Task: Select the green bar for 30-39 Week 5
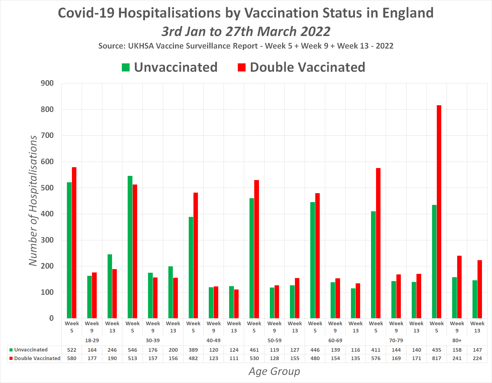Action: click(x=130, y=247)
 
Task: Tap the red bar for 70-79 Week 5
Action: click(x=378, y=243)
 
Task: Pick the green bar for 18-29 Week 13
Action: click(x=110, y=286)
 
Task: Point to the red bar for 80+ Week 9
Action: click(x=459, y=287)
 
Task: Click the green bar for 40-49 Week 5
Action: click(x=191, y=267)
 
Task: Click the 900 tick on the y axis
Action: click(x=47, y=83)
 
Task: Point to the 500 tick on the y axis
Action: click(x=47, y=188)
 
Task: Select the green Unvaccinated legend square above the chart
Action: click(x=126, y=68)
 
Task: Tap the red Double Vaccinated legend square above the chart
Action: click(x=242, y=68)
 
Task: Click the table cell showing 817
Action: click(x=437, y=358)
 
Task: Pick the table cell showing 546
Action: click(x=132, y=350)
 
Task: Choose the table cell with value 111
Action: click(x=234, y=358)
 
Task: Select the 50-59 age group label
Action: click(x=274, y=341)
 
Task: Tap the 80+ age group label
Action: click(x=457, y=341)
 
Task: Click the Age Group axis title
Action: click(x=274, y=372)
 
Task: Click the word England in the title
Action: click(x=408, y=13)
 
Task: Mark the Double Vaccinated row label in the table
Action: click(x=37, y=358)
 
